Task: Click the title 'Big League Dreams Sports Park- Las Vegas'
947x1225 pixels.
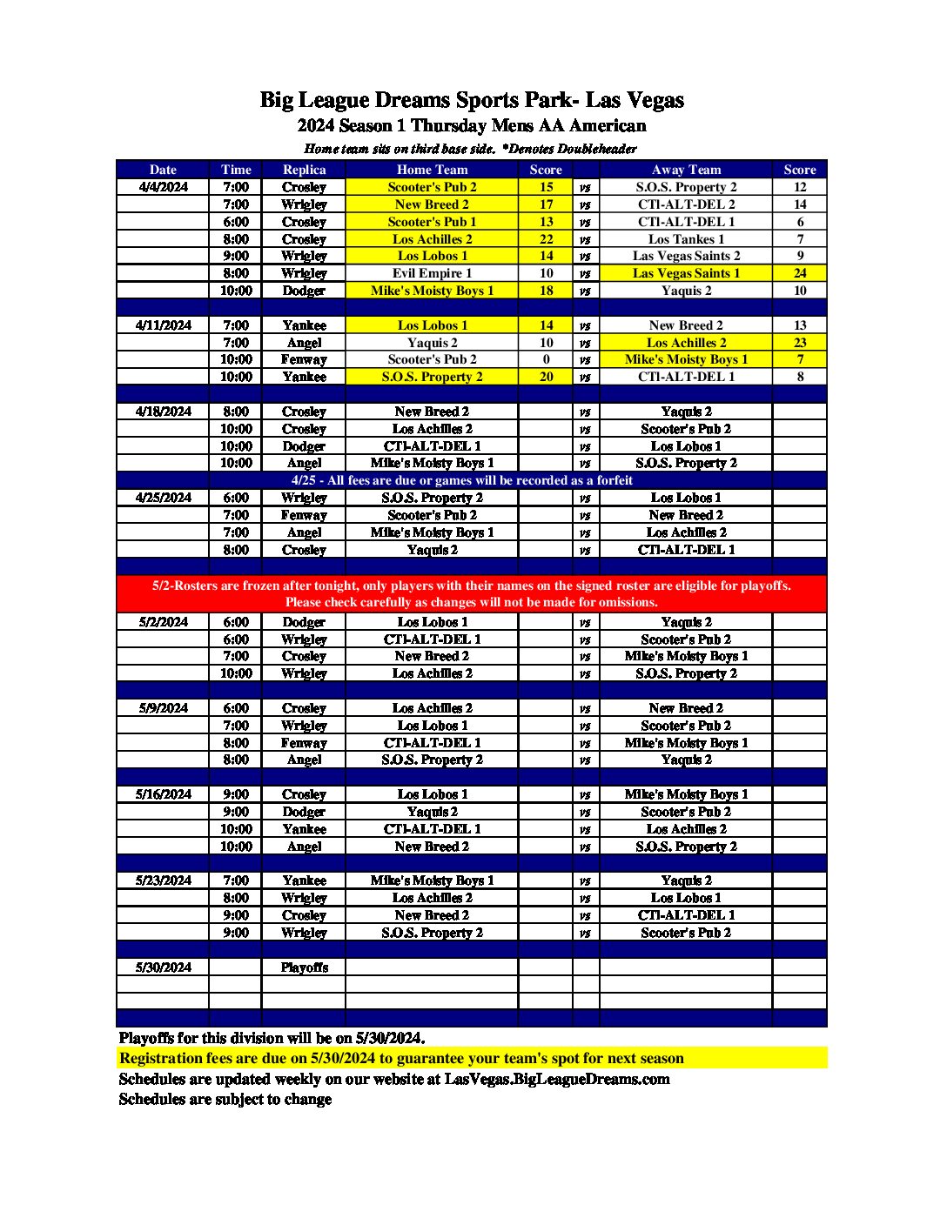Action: (x=472, y=100)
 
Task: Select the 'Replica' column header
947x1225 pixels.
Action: (x=304, y=170)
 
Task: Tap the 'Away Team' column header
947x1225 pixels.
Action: (x=686, y=170)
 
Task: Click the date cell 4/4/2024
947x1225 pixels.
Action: (x=163, y=187)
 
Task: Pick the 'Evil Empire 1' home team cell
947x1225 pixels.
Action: (x=432, y=273)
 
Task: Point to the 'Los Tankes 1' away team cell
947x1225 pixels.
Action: (x=686, y=239)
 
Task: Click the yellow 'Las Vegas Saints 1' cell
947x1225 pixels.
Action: (x=686, y=273)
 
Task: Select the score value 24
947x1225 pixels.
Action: (x=799, y=273)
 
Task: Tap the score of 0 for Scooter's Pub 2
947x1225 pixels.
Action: (x=546, y=359)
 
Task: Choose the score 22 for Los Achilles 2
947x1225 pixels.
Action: (x=546, y=239)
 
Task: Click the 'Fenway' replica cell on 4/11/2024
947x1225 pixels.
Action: (x=304, y=359)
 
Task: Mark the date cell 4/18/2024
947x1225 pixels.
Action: (x=163, y=412)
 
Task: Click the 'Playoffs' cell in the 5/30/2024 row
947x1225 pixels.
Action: (x=304, y=967)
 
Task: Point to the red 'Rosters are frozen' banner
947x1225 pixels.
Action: (x=472, y=593)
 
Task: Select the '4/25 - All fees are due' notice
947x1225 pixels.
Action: (x=461, y=480)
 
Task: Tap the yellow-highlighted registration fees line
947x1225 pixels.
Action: (x=401, y=1058)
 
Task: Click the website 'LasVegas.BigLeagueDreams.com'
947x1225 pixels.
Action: (x=557, y=1079)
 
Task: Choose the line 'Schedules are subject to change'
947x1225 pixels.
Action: (x=225, y=1099)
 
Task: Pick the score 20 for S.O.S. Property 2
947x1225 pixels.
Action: (x=546, y=377)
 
